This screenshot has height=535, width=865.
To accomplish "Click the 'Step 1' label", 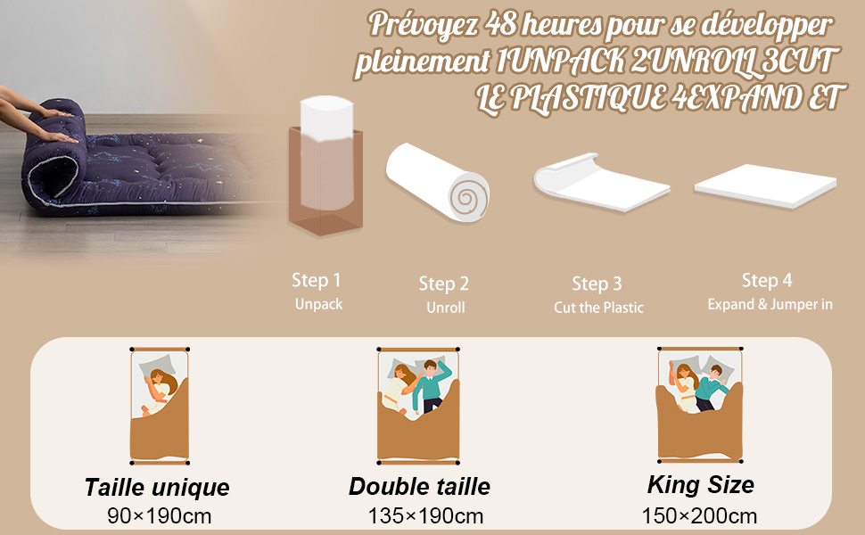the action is click(x=316, y=280).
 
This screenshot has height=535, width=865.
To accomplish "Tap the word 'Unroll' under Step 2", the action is click(x=446, y=308).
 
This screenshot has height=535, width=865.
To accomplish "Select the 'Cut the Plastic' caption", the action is click(x=598, y=308).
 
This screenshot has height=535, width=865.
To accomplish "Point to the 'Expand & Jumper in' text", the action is click(x=770, y=304).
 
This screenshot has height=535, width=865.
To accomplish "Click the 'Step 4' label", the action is click(x=767, y=280).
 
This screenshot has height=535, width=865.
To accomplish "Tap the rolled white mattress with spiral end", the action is click(x=438, y=183).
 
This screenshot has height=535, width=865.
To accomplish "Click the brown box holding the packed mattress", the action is click(x=325, y=182).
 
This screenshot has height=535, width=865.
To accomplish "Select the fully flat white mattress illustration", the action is click(x=765, y=186).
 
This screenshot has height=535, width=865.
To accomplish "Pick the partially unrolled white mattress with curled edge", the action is click(x=601, y=183).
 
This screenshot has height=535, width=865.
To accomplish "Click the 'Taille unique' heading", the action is click(x=157, y=487).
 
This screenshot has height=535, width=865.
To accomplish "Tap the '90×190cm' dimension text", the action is click(x=160, y=516).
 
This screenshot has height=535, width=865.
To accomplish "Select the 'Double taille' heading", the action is click(x=419, y=487).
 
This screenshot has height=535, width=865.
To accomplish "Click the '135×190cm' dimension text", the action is click(x=425, y=516).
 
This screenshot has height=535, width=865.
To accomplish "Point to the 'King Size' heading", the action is click(x=701, y=485).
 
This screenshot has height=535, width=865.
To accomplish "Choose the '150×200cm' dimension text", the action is click(x=699, y=516).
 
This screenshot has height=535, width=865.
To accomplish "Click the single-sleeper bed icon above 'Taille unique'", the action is click(x=160, y=406).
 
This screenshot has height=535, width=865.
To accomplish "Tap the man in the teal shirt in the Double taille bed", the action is click(x=432, y=385).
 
